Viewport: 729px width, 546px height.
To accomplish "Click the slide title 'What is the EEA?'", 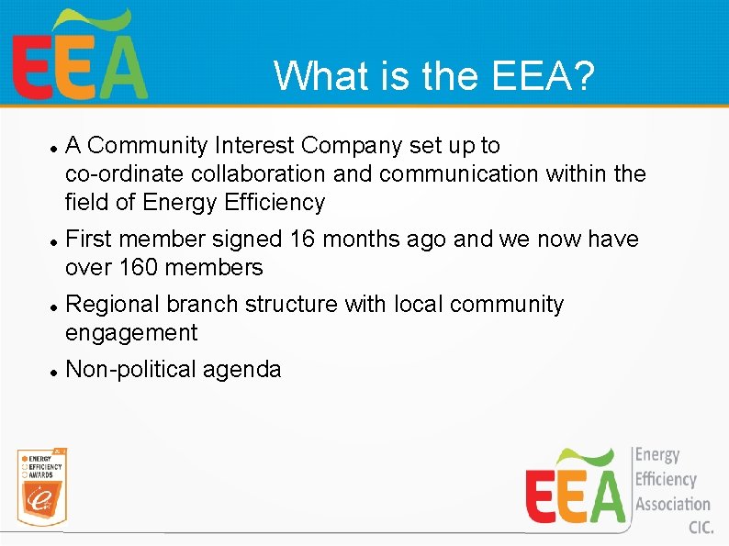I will point(433,76).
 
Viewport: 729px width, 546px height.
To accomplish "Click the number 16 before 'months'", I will point(302,239).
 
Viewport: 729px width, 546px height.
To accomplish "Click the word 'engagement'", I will point(131,332).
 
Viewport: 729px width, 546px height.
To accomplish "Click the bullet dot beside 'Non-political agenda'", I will point(55,371).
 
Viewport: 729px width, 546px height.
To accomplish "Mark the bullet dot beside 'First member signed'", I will point(55,240).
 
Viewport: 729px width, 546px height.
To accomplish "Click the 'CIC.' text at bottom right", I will point(701,528).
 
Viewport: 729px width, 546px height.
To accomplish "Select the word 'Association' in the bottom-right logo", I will point(672,504).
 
